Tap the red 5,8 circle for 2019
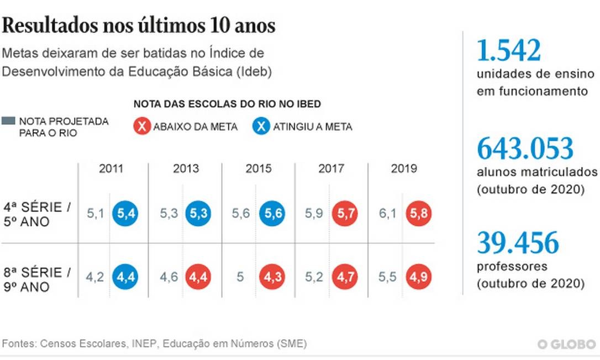coord(418,214)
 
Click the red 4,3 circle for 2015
coord(273,277)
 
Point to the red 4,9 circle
coord(418,277)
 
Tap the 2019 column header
coord(404,168)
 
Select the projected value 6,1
coord(387,214)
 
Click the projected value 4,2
coord(96,277)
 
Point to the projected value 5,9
coord(314,214)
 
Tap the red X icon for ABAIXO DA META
coord(143,126)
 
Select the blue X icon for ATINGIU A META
coord(262,126)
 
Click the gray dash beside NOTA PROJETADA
coord(8,121)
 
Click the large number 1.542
coord(508,51)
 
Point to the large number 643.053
coord(525,149)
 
